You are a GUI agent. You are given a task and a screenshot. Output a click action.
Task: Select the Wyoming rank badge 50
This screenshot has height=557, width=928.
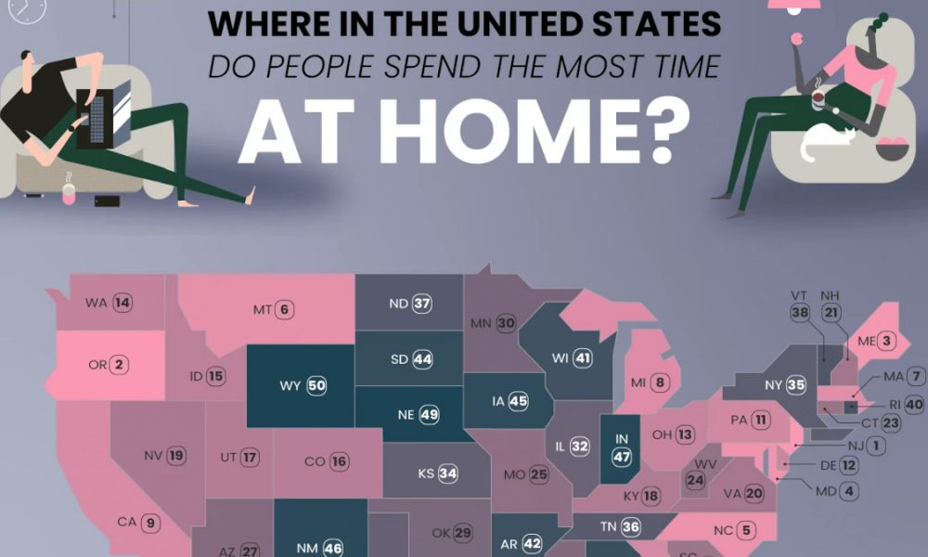pyautogui.click(x=316, y=385)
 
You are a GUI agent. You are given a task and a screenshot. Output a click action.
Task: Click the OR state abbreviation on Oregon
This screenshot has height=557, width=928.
pyautogui.click(x=97, y=365)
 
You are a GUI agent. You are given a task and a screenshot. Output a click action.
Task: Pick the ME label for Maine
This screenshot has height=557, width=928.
pyautogui.click(x=866, y=342)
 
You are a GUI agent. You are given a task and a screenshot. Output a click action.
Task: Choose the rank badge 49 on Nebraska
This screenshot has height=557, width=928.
pyautogui.click(x=429, y=415)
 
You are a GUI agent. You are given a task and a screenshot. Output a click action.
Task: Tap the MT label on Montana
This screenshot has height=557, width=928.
pyautogui.click(x=262, y=309)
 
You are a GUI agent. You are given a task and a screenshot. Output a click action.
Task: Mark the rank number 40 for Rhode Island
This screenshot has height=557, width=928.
pyautogui.click(x=914, y=405)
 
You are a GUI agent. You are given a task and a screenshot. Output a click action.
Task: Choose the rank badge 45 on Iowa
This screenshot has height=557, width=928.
pyautogui.click(x=518, y=401)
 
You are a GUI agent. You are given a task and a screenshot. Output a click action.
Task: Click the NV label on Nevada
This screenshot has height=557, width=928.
pyautogui.click(x=153, y=455)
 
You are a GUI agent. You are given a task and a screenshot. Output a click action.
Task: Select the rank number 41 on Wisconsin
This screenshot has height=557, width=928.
pyautogui.click(x=583, y=356)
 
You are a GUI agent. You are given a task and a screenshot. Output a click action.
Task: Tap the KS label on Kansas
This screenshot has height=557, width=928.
pyautogui.click(x=426, y=473)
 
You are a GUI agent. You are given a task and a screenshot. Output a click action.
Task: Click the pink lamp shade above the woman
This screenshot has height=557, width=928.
pyautogui.click(x=798, y=5)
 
